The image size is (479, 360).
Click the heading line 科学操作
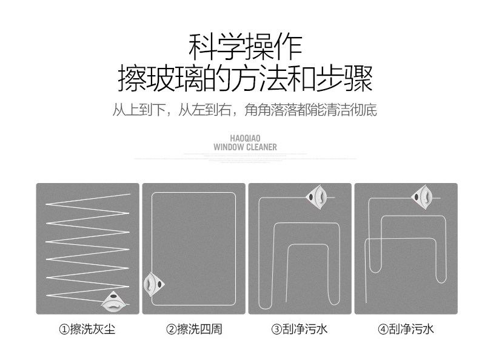pyautogui.click(x=245, y=47)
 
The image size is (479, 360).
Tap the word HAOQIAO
pyautogui.click(x=245, y=138)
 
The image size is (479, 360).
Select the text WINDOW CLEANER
pyautogui.click(x=245, y=147)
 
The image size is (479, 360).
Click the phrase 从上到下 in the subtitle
pyautogui.click(x=138, y=111)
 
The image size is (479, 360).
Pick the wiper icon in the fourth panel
pyautogui.click(x=422, y=196)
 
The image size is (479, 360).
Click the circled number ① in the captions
pyautogui.click(x=64, y=330)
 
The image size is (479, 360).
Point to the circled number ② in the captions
pyautogui.click(x=171, y=330)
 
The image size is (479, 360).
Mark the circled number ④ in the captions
pyautogui.click(x=383, y=330)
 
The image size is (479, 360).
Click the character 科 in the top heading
pyautogui.click(x=202, y=47)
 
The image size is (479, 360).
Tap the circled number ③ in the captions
pyautogui.click(x=276, y=330)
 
